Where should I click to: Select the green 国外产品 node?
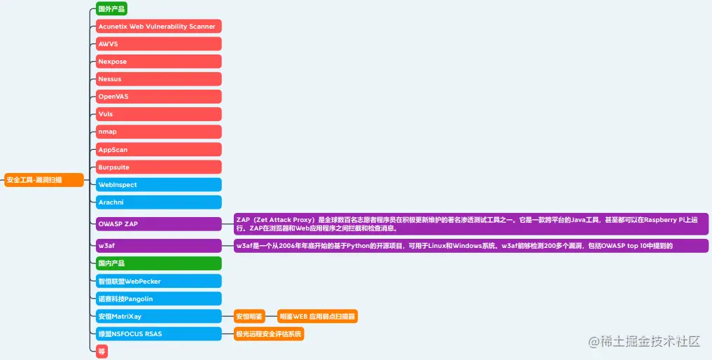click(111, 9)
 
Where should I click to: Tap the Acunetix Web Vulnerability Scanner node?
click(158, 27)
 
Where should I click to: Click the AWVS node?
click(158, 44)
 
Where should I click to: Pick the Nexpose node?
click(158, 62)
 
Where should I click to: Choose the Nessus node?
click(158, 79)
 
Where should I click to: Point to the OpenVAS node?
click(158, 97)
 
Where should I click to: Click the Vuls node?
click(158, 114)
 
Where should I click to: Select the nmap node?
click(158, 132)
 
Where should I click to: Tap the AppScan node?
click(158, 150)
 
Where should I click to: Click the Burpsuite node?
click(158, 167)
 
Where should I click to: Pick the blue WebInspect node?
click(158, 185)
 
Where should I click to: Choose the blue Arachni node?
click(158, 202)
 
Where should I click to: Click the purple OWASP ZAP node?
click(158, 224)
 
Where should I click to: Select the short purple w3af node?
click(158, 246)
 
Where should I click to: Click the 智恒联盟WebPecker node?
click(158, 282)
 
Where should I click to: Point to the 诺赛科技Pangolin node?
click(158, 299)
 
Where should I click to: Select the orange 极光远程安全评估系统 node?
click(269, 334)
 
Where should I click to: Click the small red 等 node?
click(102, 352)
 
